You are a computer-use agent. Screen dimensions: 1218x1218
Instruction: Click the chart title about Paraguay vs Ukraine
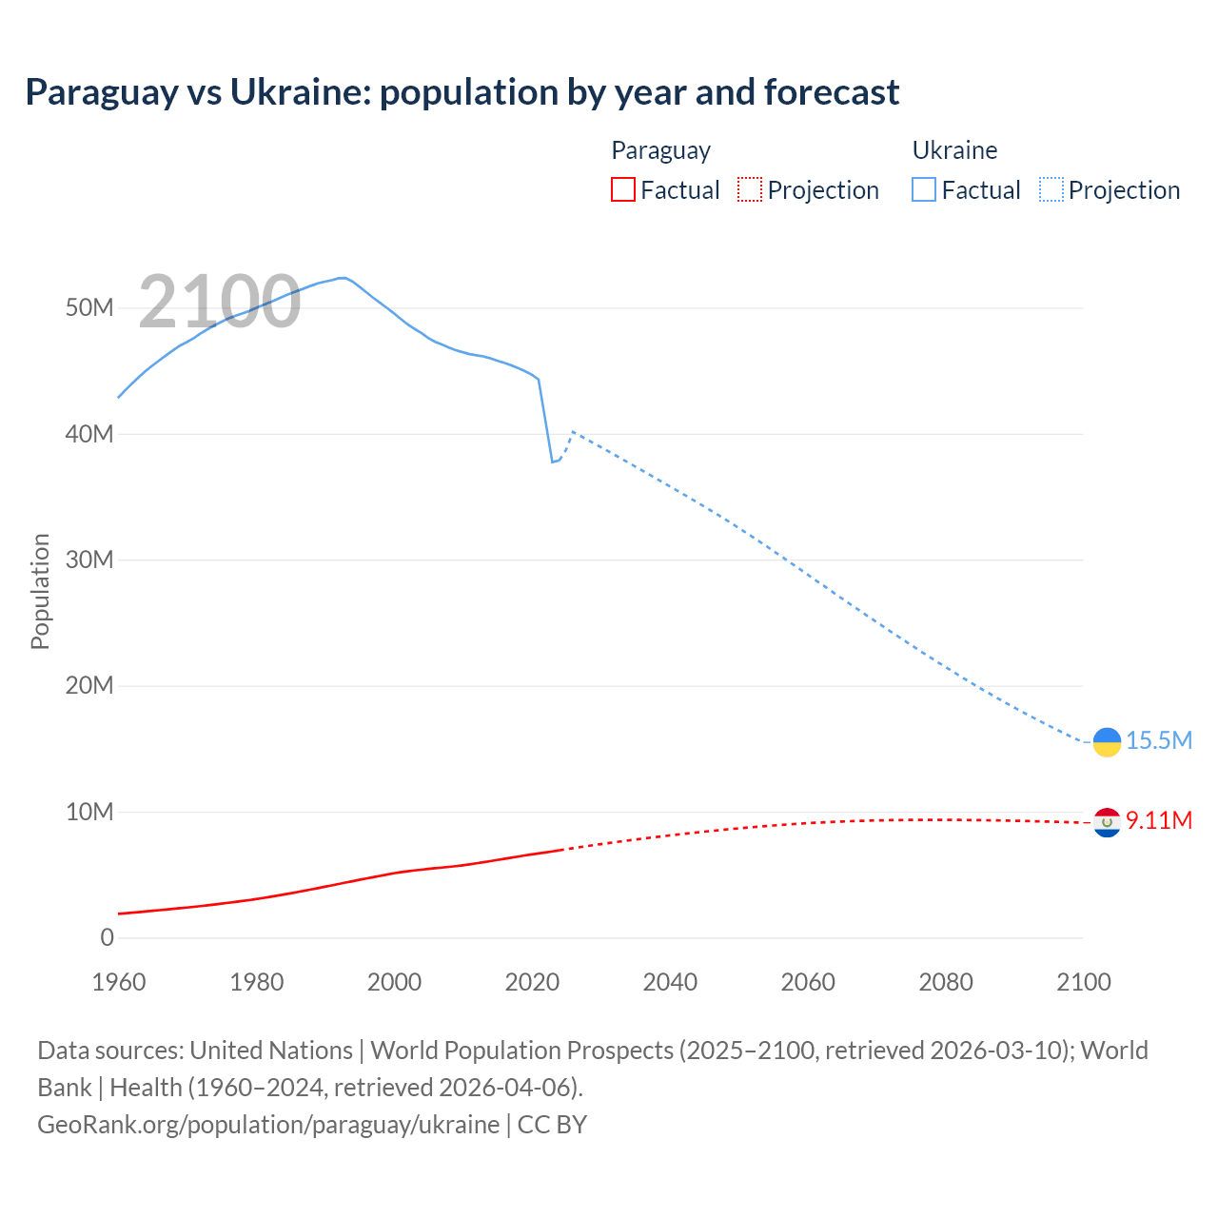(x=462, y=92)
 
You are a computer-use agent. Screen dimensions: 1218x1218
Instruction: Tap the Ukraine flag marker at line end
(x=1107, y=741)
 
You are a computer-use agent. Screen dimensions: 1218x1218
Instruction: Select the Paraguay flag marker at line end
(x=1107, y=822)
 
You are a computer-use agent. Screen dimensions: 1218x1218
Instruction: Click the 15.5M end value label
(x=1159, y=741)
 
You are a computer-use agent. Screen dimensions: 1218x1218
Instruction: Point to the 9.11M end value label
(x=1159, y=820)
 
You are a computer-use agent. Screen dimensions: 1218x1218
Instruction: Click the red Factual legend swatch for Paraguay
(x=622, y=189)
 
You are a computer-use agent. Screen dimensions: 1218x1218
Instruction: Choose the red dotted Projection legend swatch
(x=750, y=189)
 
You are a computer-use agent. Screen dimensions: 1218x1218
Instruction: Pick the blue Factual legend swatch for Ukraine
(x=923, y=189)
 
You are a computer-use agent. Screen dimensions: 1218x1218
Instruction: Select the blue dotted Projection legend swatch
(x=1051, y=189)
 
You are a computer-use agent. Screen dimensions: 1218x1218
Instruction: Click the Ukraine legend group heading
(x=954, y=150)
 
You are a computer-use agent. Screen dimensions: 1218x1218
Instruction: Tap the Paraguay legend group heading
(x=660, y=150)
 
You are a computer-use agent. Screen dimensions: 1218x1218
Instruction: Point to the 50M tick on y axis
(x=89, y=307)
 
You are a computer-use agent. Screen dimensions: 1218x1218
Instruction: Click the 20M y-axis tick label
(x=89, y=685)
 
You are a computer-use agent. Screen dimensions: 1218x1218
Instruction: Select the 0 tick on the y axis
(x=107, y=937)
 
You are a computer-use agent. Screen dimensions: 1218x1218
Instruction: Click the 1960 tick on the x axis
(x=119, y=982)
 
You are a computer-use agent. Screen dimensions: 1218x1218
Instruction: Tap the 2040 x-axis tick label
(x=670, y=982)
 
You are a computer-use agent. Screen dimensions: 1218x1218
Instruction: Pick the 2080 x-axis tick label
(x=946, y=982)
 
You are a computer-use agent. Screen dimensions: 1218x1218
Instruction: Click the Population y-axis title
(x=40, y=591)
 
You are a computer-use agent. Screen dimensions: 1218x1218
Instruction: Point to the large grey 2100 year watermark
(x=220, y=302)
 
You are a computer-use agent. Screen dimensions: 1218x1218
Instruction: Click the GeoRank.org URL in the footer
(x=268, y=1125)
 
